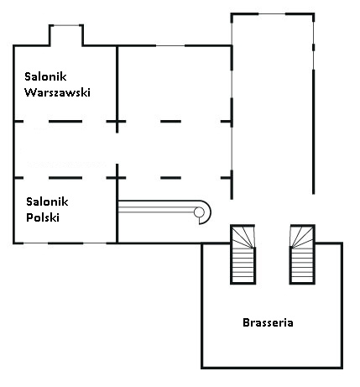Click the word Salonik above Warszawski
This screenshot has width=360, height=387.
45,76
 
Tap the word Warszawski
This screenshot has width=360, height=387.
57,92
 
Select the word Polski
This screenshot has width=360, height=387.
43,217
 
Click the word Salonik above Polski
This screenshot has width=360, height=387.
47,201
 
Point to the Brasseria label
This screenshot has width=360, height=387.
268,322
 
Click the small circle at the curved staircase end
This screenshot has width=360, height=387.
199,212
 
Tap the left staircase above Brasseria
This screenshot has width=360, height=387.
243,254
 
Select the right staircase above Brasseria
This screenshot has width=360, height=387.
302,254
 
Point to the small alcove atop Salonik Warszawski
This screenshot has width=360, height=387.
66,35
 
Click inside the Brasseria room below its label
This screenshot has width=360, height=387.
271,347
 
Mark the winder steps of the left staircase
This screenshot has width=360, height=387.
243,237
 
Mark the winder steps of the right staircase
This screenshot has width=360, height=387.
302,237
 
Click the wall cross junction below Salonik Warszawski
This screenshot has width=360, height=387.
117,122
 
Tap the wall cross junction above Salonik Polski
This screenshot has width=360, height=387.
117,178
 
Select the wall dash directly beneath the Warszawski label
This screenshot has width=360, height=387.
65,122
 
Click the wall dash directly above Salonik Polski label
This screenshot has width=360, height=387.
65,178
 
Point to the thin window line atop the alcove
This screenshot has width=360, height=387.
66,25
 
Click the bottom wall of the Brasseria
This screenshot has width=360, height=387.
272,367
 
